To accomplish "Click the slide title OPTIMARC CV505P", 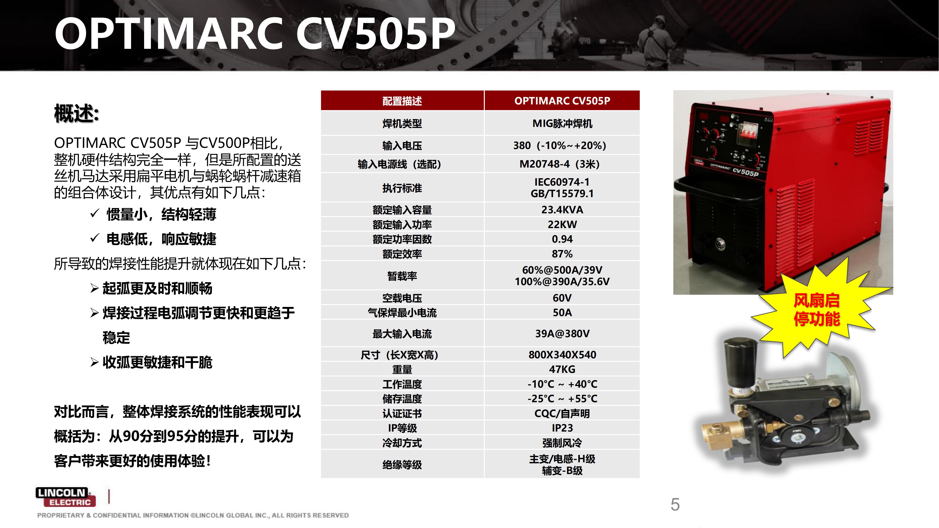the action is (x=255, y=34).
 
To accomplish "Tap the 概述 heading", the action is (x=77, y=113).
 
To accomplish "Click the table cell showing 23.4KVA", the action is (x=562, y=210).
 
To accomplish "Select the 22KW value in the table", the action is (x=562, y=225).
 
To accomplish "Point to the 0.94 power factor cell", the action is (x=562, y=239).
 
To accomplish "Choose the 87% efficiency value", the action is (x=562, y=254).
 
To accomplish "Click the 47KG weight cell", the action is (x=562, y=369).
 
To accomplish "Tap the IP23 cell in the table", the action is (x=562, y=428).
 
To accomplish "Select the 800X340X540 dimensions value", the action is (x=562, y=355).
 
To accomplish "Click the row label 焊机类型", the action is (x=402, y=123).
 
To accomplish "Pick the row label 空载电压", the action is (x=402, y=298).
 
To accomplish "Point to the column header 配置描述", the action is (x=402, y=101).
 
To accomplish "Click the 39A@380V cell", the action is (x=562, y=333).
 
